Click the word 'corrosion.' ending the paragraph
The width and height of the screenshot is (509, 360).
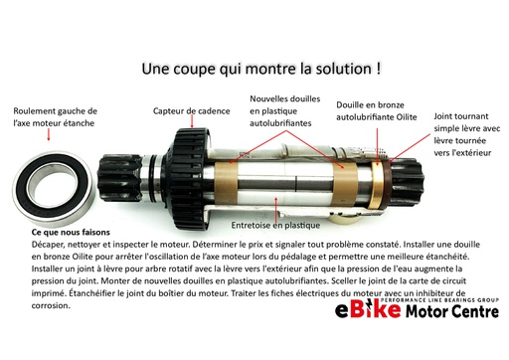(x=52, y=307)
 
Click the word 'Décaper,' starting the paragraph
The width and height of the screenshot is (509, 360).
(x=54, y=244)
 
